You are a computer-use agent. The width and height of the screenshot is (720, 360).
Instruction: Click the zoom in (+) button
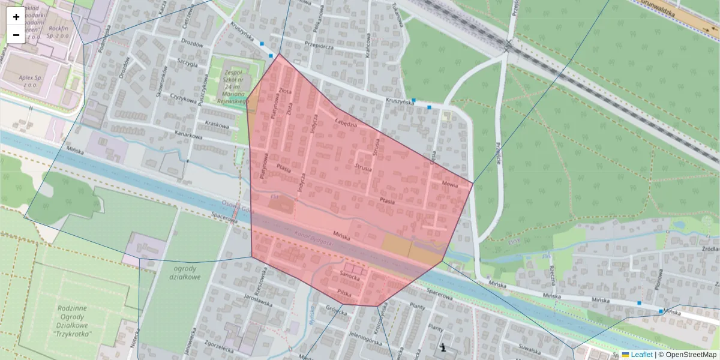tap(16, 17)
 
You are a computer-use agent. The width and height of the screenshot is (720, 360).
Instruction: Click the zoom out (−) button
tap(16, 35)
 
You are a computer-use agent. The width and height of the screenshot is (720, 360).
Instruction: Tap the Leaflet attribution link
tap(641, 355)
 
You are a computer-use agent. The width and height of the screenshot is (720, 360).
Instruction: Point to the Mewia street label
tap(449, 184)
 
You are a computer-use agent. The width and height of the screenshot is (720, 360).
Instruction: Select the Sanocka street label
tap(350, 277)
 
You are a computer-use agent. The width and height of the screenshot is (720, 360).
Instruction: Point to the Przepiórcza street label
tap(319, 44)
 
